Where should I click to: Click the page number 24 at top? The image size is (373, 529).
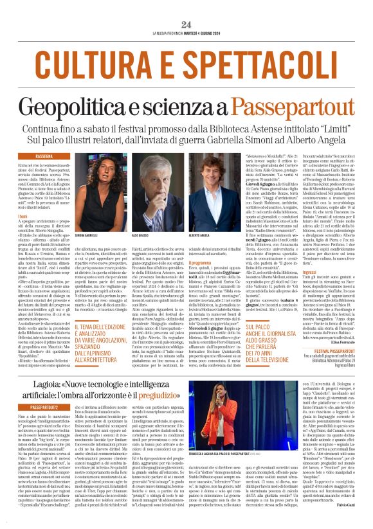(x=186, y=24)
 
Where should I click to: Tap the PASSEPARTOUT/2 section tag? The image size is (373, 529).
(x=50, y=407)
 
